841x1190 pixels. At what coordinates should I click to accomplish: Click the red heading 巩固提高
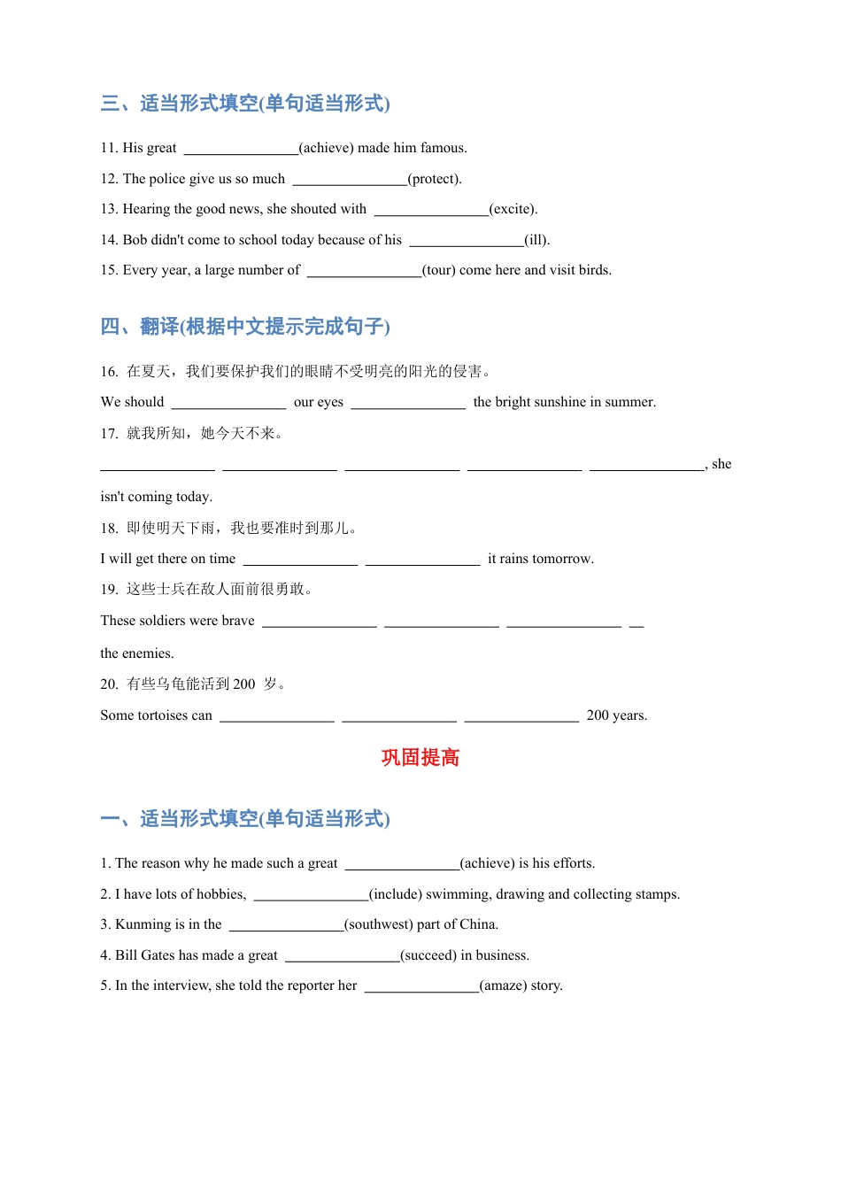click(x=420, y=758)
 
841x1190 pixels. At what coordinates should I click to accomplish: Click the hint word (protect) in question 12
click(x=434, y=179)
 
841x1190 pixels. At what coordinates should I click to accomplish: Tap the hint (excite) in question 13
click(x=513, y=209)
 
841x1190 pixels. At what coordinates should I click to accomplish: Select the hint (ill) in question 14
click(x=536, y=240)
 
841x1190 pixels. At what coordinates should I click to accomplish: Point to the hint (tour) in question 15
click(x=438, y=270)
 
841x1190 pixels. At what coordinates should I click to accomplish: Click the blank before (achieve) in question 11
click(x=241, y=149)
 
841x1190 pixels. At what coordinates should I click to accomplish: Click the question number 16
click(x=109, y=372)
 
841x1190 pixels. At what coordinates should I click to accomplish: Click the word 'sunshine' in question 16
click(x=575, y=402)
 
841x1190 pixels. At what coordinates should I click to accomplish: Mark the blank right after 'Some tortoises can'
click(x=277, y=716)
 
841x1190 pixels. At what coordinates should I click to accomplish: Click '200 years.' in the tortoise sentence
click(x=616, y=715)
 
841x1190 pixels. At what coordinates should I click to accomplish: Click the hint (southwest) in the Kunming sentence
click(x=378, y=924)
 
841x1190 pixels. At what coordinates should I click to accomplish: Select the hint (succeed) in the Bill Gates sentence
click(x=428, y=955)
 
